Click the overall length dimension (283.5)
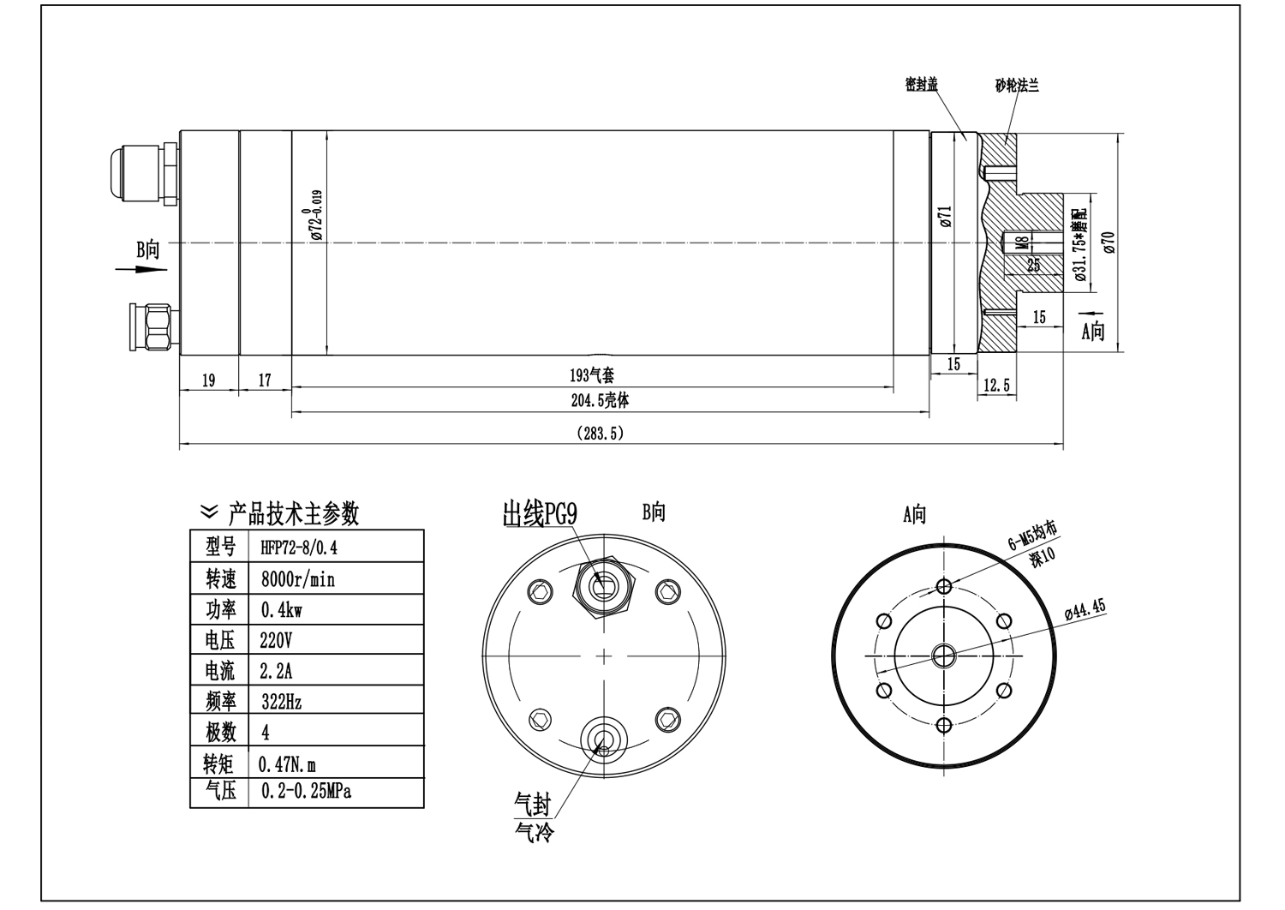point(601,434)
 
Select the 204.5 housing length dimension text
point(601,400)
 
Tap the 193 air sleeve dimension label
point(592,375)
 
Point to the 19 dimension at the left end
point(208,380)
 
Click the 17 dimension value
point(265,380)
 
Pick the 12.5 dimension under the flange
point(996,386)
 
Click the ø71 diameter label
point(946,216)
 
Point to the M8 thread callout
point(1021,242)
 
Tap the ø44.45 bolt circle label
point(1085,611)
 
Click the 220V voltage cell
point(277,640)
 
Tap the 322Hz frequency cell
point(281,702)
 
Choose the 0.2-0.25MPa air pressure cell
point(306,791)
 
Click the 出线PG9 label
point(540,514)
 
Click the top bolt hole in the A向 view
point(945,586)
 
